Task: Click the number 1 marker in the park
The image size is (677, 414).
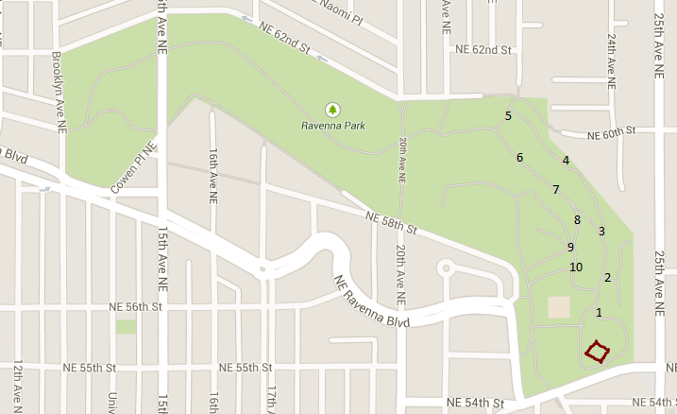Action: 599,312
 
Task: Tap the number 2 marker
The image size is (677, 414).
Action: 607,277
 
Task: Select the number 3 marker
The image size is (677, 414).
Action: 601,231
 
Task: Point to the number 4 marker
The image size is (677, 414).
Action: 566,161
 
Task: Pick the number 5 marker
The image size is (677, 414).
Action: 508,116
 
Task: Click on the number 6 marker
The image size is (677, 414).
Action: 519,157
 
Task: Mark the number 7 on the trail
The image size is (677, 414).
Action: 556,189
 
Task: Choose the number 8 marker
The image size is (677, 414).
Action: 577,220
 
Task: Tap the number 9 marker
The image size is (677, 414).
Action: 570,247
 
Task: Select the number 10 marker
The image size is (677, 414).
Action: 576,267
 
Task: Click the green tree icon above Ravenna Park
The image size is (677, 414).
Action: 331,110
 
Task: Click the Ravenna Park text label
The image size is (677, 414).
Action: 333,126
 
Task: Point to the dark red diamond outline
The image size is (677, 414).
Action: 596,352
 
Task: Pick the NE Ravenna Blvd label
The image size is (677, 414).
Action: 371,302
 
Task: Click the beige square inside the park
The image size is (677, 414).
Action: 559,308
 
